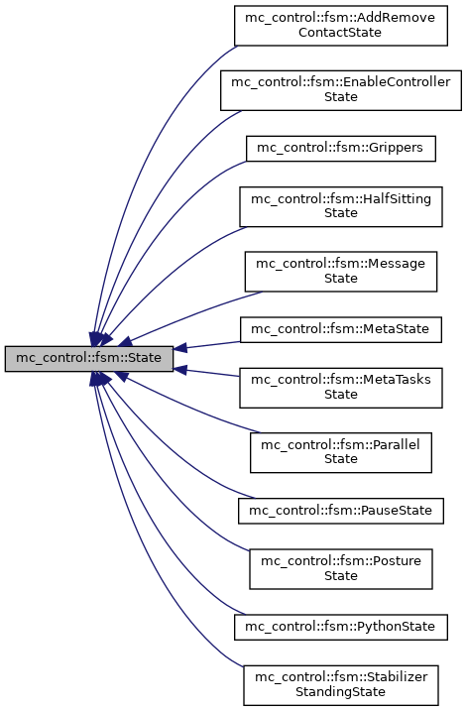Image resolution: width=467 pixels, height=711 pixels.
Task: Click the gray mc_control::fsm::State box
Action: pyautogui.click(x=89, y=358)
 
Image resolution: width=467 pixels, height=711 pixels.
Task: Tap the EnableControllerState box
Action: pyautogui.click(x=340, y=89)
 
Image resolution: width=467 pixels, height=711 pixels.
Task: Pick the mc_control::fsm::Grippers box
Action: pyautogui.click(x=341, y=147)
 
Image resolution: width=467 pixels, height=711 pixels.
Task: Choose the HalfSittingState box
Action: pyautogui.click(x=340, y=205)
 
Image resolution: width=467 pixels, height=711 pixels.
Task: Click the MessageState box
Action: pyautogui.click(x=341, y=271)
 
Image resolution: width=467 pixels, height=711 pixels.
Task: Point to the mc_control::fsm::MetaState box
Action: pyautogui.click(x=340, y=328)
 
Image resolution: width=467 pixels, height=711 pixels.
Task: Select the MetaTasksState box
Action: pyautogui.click(x=340, y=387)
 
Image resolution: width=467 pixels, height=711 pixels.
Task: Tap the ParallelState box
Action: pyautogui.click(x=341, y=452)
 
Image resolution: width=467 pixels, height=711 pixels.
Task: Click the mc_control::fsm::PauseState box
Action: pyautogui.click(x=340, y=511)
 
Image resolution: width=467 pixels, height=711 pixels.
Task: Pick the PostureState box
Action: pyautogui.click(x=340, y=568)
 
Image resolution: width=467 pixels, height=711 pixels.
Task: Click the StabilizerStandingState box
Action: pyautogui.click(x=341, y=684)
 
